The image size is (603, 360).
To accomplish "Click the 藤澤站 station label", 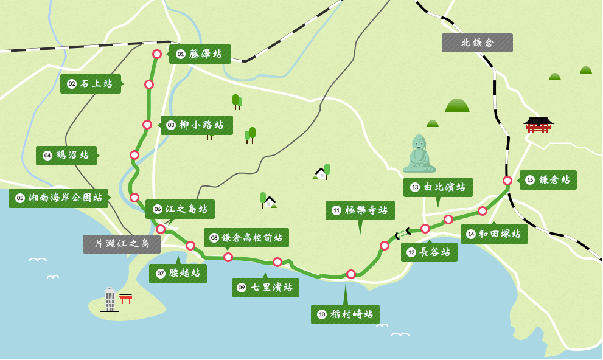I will [200, 54].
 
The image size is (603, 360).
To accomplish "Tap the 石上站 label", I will [91, 84].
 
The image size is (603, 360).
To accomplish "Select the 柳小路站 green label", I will [197, 125].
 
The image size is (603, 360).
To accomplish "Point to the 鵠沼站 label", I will [66, 156].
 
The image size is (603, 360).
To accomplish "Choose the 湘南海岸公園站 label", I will [58, 198].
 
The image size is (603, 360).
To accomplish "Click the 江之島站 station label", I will [180, 209].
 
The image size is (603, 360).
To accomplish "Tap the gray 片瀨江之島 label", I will [122, 244].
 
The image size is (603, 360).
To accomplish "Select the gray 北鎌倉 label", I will [477, 43].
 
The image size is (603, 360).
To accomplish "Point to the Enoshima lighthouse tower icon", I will [110, 297].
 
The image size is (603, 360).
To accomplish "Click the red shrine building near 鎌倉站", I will [539, 124].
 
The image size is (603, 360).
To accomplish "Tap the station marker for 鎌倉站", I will [507, 181].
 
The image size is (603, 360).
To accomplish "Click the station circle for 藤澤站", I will [157, 54].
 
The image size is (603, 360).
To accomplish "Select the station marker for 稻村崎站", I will [351, 274].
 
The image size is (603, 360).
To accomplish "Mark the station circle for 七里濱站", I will [277, 262].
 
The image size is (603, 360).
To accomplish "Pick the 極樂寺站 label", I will [360, 210].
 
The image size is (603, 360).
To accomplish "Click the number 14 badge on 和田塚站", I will [471, 234].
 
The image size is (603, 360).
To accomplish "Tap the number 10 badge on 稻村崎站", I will [322, 314].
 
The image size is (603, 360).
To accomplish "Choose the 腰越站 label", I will [178, 274].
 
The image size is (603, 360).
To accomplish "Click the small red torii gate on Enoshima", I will [125, 299].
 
